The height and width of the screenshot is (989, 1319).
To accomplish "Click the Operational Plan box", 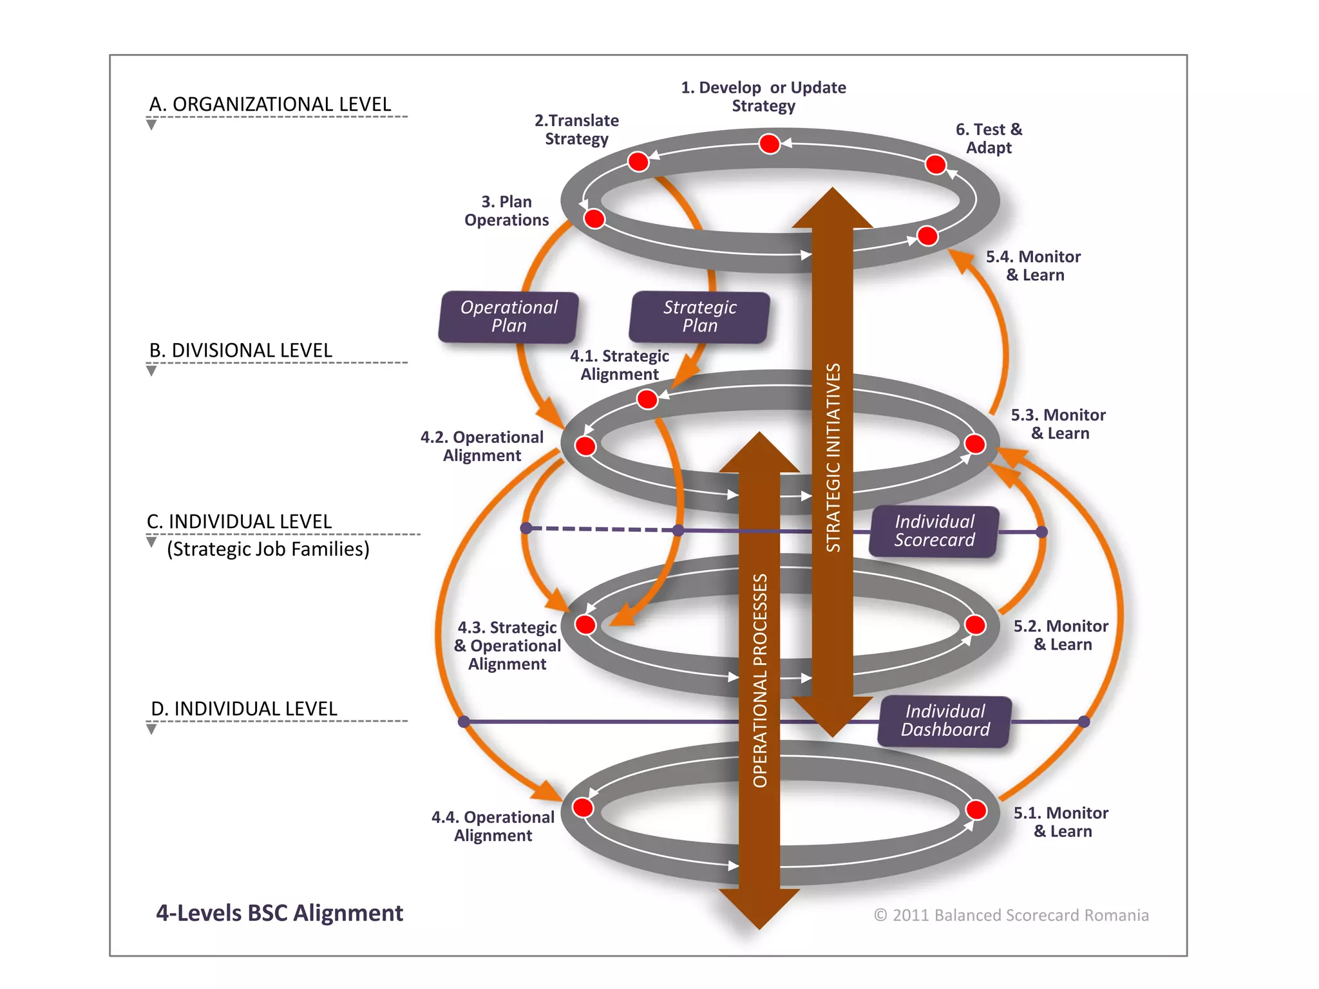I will point(509,317).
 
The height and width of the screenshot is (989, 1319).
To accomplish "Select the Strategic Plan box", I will point(699,317).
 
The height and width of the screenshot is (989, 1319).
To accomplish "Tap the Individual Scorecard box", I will point(934,531).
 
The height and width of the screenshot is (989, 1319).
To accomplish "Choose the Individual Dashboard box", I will point(945,721).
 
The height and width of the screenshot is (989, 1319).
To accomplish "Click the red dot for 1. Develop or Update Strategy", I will point(769,144).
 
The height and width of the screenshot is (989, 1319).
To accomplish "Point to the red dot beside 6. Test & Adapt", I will point(935,164).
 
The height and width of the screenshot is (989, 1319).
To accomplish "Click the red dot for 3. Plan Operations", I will point(594,219).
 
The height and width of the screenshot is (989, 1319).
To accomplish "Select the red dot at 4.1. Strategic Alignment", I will point(647,399).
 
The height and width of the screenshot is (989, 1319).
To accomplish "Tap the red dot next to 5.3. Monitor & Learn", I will point(974,444).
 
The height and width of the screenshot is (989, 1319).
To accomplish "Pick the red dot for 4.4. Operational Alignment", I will point(583,807).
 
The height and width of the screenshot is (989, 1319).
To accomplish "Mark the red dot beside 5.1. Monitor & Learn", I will point(976,809).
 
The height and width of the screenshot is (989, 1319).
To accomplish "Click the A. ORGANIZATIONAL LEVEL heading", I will point(270,104).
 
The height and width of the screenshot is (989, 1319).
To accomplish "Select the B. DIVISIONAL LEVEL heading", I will point(241,350).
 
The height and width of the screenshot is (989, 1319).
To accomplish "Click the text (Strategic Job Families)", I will point(268,549).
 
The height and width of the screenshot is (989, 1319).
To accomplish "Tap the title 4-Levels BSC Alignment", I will point(280,913).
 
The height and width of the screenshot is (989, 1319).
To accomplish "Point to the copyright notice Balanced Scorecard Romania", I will point(1011,915).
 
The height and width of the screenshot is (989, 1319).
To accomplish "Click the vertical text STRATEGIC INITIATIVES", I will point(833,457).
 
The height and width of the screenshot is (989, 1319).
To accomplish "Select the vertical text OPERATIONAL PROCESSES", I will point(760,680).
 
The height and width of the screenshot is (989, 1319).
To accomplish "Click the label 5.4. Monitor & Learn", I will point(1033,266).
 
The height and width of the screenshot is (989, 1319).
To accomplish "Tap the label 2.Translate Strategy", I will point(576,129).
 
